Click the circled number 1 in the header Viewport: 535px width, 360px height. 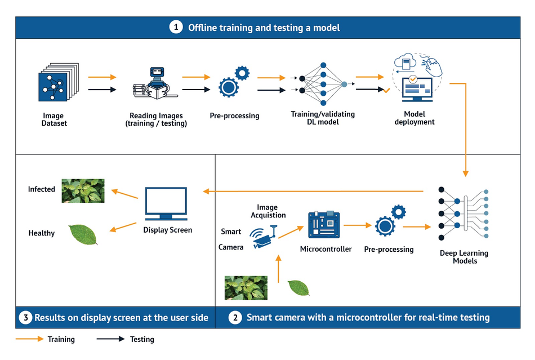point(176,27)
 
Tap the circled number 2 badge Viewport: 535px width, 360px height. point(235,318)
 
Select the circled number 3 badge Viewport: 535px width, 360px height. point(25,318)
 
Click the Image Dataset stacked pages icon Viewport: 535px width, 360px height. point(59,82)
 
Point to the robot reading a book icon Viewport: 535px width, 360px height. point(155,83)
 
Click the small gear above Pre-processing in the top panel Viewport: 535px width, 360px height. point(242,73)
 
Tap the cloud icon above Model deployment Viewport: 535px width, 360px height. point(405,61)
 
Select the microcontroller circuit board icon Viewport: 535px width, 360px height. point(324,224)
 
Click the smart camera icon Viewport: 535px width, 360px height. point(263,237)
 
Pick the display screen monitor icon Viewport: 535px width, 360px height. point(166,204)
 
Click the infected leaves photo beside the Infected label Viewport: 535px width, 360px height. point(83,191)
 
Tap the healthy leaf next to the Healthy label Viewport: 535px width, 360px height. point(83,234)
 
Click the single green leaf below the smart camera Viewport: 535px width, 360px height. point(298,288)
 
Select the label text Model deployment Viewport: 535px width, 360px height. point(414,118)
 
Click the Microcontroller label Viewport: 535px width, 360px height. point(326,249)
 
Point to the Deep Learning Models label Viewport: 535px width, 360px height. point(464,257)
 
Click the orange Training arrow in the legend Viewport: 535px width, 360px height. point(30,339)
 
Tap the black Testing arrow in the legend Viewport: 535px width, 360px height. point(110,339)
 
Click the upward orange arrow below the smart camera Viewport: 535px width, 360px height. point(278,269)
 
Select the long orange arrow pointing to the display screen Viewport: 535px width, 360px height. point(313,192)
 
